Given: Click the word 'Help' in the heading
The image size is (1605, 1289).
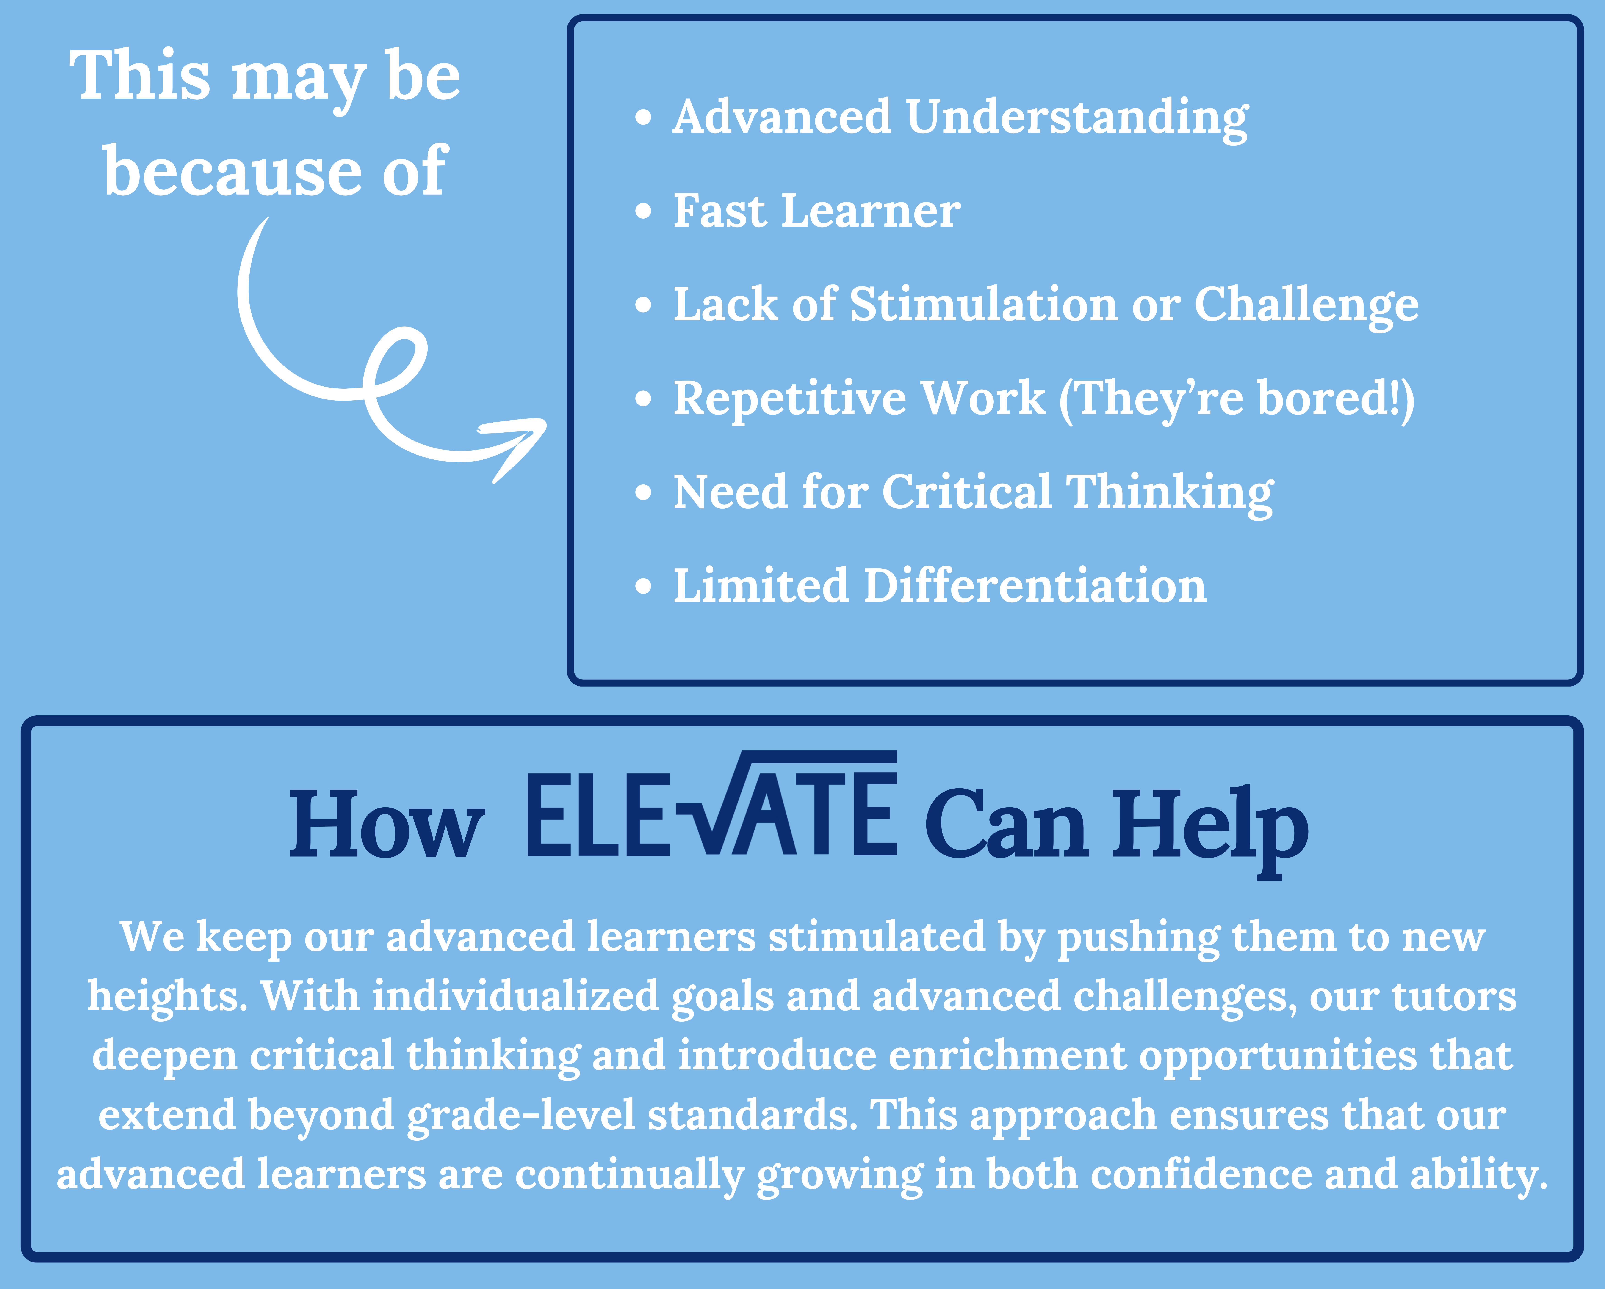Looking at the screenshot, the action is [1210, 830].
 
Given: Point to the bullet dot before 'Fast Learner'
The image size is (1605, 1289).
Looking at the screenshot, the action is [643, 211].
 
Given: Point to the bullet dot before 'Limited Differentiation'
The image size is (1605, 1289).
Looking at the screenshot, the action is [643, 586].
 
